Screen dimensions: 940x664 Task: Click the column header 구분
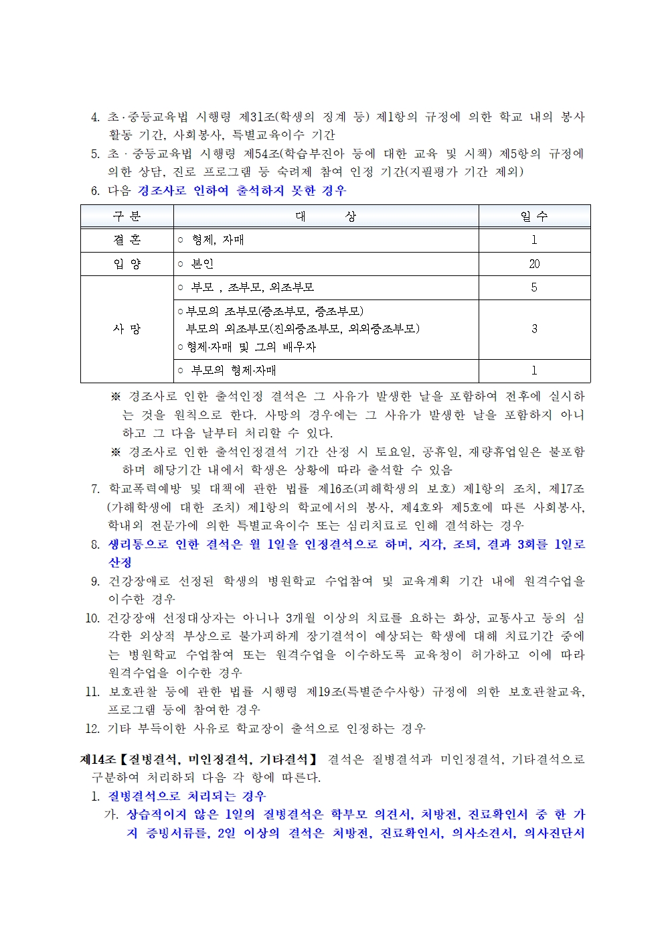click(x=127, y=216)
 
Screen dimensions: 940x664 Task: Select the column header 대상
click(x=326, y=216)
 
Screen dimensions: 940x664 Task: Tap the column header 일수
click(x=534, y=216)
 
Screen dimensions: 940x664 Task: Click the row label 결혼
click(x=127, y=240)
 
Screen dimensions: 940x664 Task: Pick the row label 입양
click(x=127, y=264)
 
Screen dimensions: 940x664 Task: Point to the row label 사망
click(x=127, y=329)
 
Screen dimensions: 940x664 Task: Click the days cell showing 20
click(x=534, y=264)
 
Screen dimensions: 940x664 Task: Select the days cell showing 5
click(x=534, y=287)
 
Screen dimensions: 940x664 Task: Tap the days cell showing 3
click(x=534, y=329)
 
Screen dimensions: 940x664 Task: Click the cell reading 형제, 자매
click(x=218, y=240)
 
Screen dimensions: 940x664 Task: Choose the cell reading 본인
click(x=202, y=264)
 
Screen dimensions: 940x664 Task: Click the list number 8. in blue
click(x=95, y=545)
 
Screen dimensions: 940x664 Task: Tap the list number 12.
click(x=92, y=728)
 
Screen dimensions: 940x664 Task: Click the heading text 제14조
click(x=98, y=760)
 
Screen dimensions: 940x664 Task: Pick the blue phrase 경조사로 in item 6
click(x=162, y=191)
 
